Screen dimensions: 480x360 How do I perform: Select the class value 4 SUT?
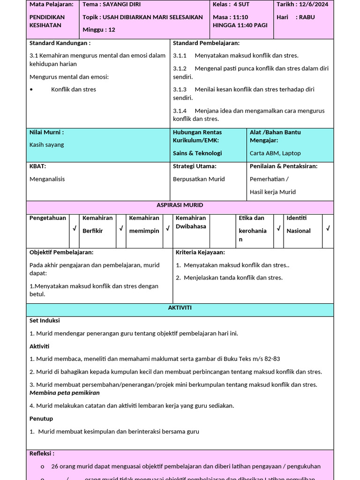pyautogui.click(x=242, y=4)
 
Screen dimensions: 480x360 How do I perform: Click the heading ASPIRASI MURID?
pyautogui.click(x=180, y=205)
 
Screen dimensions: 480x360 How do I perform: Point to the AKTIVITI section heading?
pyautogui.click(x=180, y=308)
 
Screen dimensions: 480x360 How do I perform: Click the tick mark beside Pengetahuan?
pyautogui.click(x=75, y=229)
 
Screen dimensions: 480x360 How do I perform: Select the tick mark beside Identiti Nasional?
pyautogui.click(x=328, y=229)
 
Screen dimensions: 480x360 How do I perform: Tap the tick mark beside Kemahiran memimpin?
pyautogui.click(x=168, y=229)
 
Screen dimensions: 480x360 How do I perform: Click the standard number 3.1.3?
pyautogui.click(x=180, y=89)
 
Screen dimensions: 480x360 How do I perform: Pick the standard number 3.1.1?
pyautogui.click(x=180, y=55)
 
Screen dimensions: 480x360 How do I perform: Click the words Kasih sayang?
pyautogui.click(x=47, y=145)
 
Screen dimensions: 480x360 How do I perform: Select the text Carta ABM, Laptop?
pyautogui.click(x=275, y=153)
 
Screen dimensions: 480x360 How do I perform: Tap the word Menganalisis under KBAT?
pyautogui.click(x=47, y=179)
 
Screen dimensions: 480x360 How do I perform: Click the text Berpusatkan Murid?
pyautogui.click(x=199, y=179)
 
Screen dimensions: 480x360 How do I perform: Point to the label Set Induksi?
pyautogui.click(x=45, y=321)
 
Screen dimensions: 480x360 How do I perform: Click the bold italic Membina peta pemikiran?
pyautogui.click(x=65, y=393)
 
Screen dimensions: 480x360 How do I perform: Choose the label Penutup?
pyautogui.click(x=41, y=419)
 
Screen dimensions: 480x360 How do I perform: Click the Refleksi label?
pyautogui.click(x=42, y=454)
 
